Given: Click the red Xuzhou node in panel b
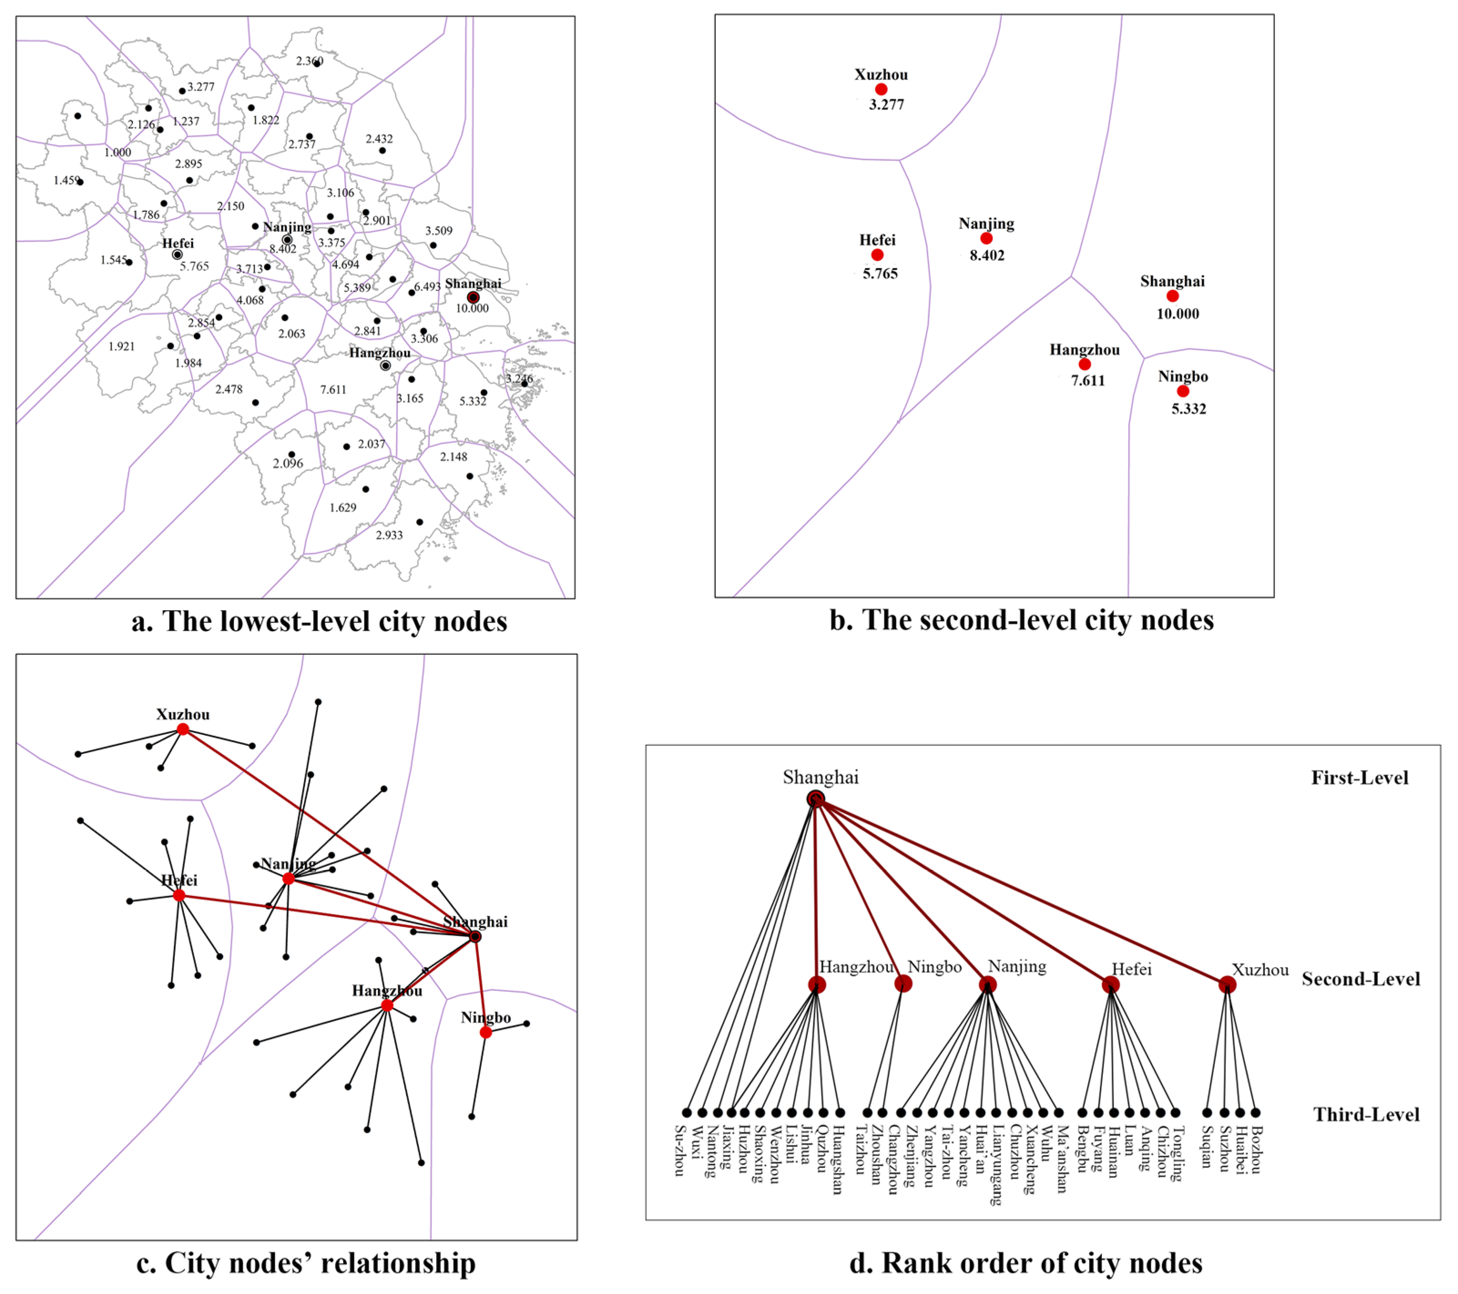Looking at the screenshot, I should point(881,89).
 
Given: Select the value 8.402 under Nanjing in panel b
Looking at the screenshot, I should point(987,255).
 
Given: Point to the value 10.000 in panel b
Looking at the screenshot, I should point(1178,314).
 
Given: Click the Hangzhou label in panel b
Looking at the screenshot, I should point(1084,350).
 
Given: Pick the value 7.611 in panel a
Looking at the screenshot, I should point(333,389).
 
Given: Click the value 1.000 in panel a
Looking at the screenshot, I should point(117,152).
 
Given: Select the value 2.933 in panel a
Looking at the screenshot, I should point(389,535).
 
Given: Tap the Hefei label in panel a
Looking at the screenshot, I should point(178,243).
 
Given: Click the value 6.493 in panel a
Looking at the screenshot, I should point(427,287).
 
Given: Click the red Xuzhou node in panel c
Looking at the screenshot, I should point(184,729).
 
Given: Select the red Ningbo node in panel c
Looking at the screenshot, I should point(486,1032).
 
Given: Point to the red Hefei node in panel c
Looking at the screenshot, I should point(179,895).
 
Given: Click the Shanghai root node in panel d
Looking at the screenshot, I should point(816,799).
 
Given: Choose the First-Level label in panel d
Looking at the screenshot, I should point(1360,778).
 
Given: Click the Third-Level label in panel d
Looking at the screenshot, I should point(1366,1114).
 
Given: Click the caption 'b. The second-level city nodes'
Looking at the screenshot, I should point(1021,620).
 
